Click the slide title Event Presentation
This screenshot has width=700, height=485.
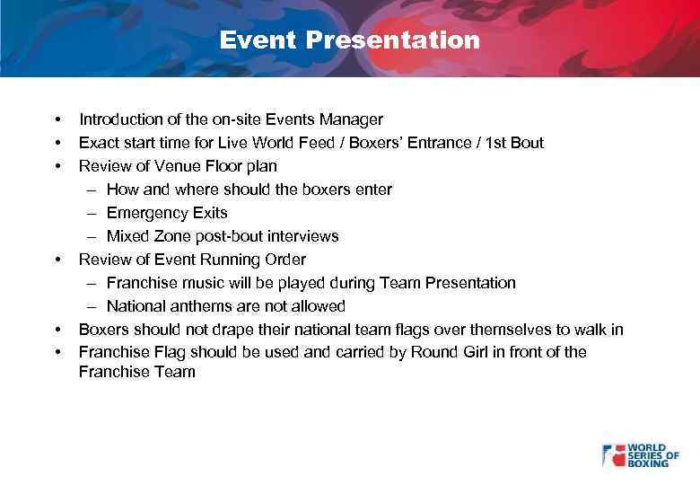350,40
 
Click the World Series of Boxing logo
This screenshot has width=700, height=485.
640,454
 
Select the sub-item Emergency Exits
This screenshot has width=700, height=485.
167,213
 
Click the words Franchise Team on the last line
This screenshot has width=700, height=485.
136,372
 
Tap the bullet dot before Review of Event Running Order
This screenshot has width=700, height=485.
57,260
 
